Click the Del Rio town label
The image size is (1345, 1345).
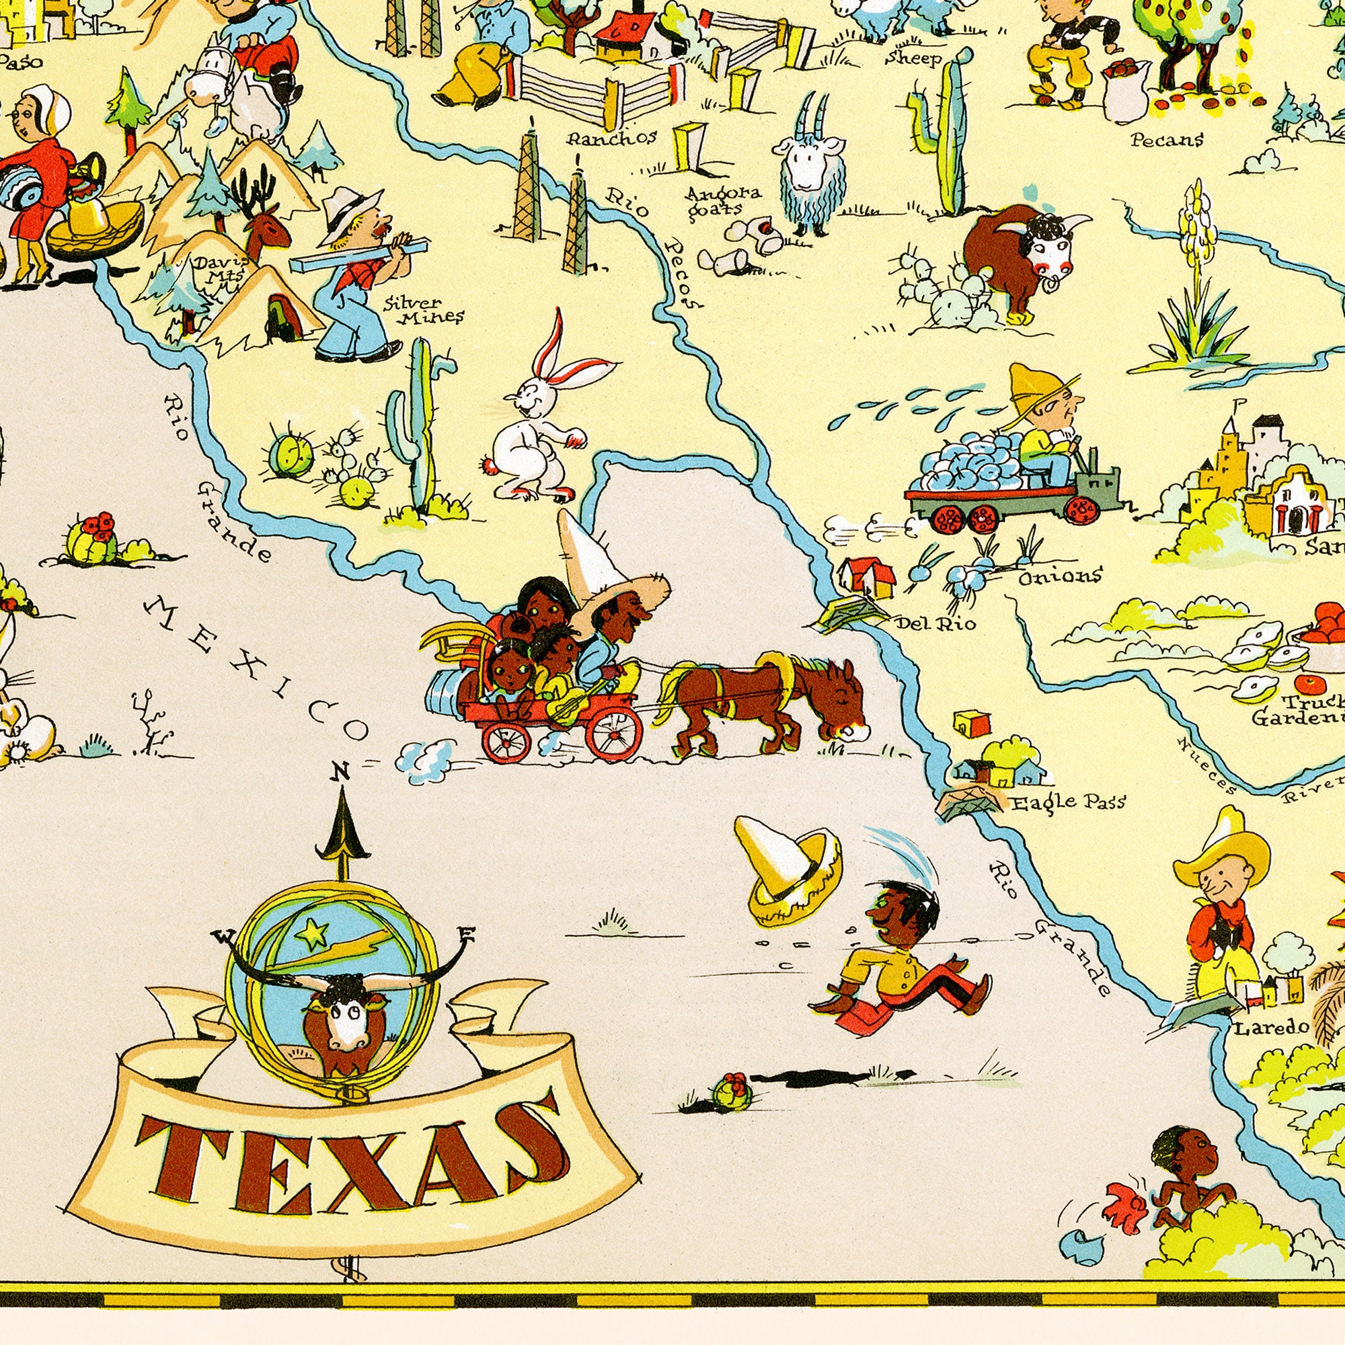coord(935,623)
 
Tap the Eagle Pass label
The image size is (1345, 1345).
coord(1068,804)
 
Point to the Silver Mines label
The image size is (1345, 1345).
coord(423,311)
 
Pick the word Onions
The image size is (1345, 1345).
coord(1061,576)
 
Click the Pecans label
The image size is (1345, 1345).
coord(1167,140)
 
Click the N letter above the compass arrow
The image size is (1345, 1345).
coord(340,771)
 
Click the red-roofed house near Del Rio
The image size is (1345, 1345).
coord(868,576)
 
